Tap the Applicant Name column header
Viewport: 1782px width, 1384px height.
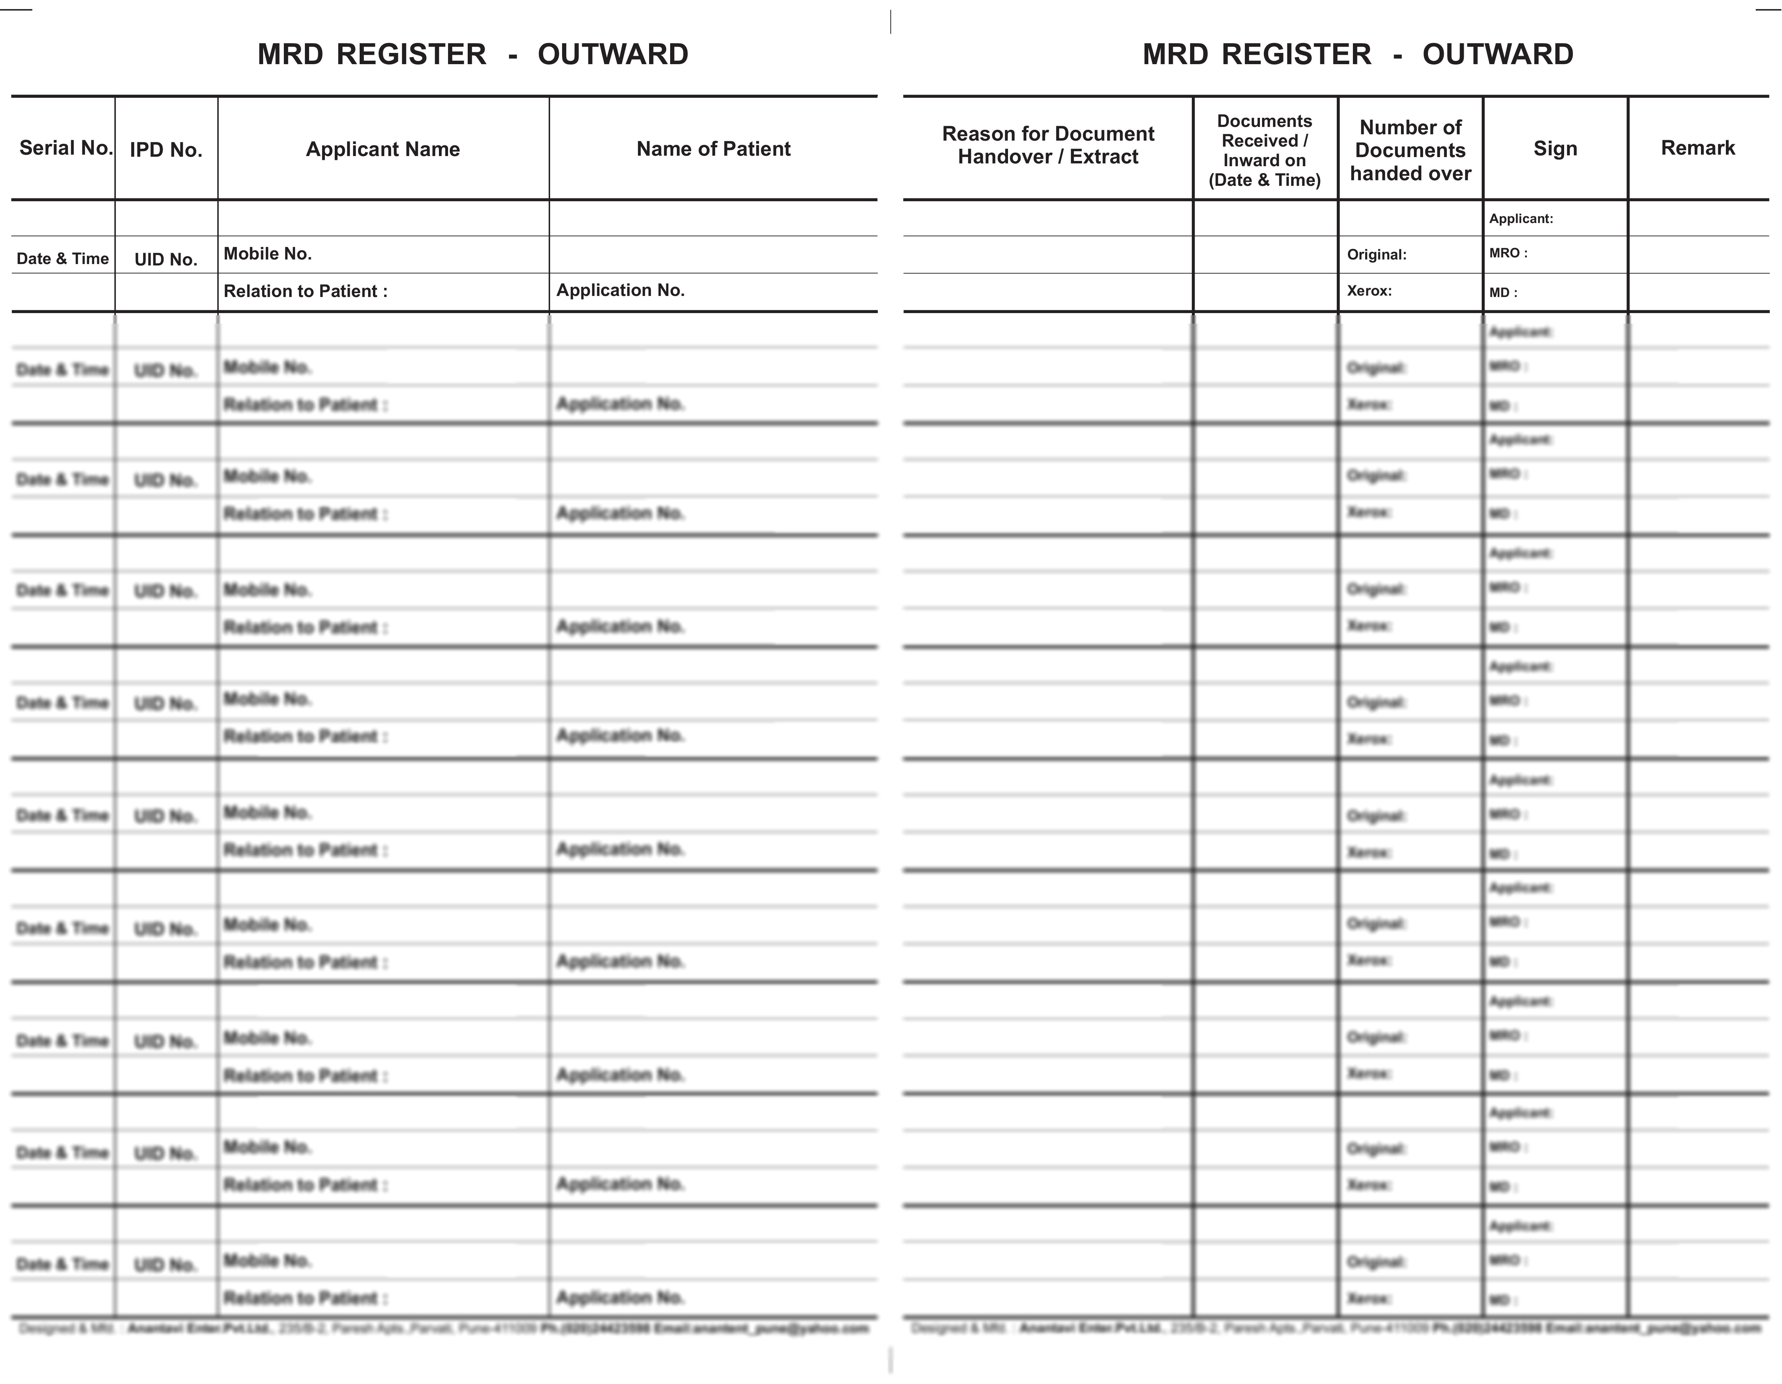[383, 149]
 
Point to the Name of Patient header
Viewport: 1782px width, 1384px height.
[713, 148]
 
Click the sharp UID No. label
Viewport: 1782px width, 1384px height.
[166, 259]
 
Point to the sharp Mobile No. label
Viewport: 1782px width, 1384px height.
[268, 254]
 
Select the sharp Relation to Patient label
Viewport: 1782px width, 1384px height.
[305, 291]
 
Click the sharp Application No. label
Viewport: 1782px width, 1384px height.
[620, 290]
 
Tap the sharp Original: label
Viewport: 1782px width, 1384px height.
[1376, 255]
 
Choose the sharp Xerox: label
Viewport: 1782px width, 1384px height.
[1369, 290]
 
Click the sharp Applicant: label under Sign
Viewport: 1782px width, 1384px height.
[1521, 218]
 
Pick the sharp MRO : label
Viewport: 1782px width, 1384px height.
[1508, 253]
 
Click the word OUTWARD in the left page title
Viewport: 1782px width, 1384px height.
[613, 55]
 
